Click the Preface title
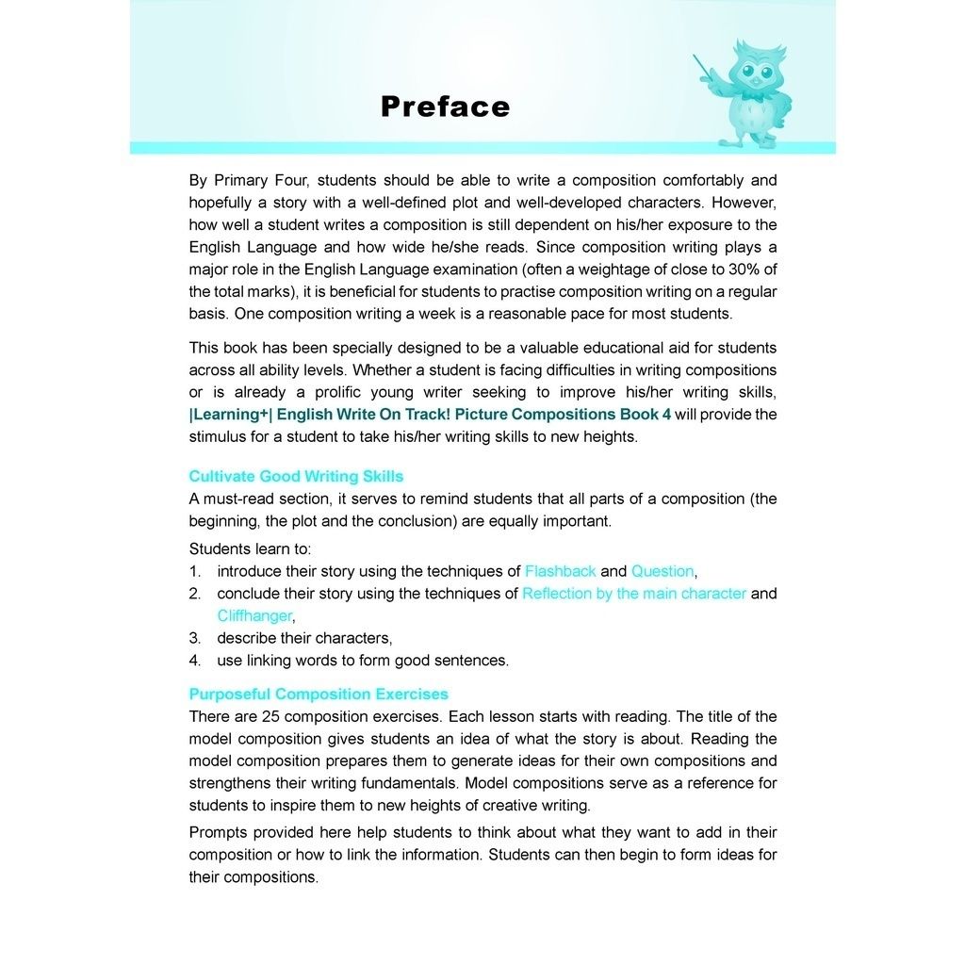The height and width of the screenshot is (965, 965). click(445, 106)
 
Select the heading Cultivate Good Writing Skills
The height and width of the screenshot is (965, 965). click(296, 476)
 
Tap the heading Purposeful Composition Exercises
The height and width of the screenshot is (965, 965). click(319, 695)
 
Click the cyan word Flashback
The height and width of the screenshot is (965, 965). click(560, 571)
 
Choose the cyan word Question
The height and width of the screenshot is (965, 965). click(662, 571)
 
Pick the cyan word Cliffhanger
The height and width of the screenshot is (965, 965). click(254, 615)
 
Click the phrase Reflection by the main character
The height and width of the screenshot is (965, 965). click(633, 594)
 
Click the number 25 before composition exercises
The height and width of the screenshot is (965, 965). click(270, 716)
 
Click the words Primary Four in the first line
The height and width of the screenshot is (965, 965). click(256, 180)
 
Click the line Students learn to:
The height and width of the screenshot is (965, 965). click(250, 548)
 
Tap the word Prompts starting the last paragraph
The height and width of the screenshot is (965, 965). click(219, 832)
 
